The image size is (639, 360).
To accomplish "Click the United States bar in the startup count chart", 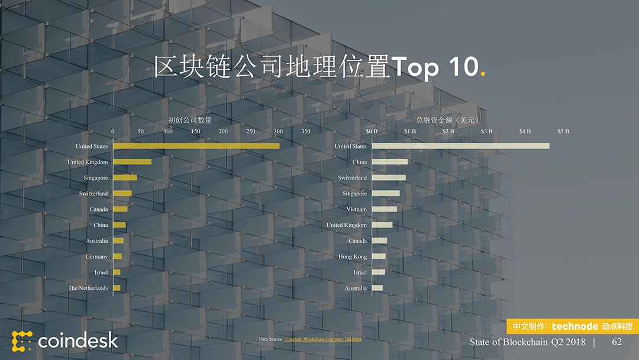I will [x=196, y=146].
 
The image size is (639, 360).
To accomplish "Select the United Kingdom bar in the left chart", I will [x=132, y=162].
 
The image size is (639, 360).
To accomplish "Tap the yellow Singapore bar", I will [x=125, y=178].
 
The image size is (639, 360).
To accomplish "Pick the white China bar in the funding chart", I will [x=389, y=162].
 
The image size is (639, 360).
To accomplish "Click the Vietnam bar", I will [x=385, y=209].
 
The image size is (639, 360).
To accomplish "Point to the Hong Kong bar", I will [x=379, y=256].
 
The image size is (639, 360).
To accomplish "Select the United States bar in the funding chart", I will [x=460, y=146].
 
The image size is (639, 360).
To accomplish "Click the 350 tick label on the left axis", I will [x=305, y=131].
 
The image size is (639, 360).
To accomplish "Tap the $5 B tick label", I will [x=563, y=131].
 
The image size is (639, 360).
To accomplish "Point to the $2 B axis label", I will [x=448, y=131].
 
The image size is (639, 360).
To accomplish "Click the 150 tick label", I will [x=195, y=131].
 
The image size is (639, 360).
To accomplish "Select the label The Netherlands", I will [x=88, y=288].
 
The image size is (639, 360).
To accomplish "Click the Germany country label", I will [x=96, y=256].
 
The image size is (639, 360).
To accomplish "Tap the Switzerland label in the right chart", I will [x=352, y=178].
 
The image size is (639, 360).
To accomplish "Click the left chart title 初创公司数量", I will [x=190, y=120].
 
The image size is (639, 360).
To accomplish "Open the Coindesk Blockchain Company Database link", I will [x=323, y=339].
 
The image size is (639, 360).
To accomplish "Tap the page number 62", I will [x=617, y=342].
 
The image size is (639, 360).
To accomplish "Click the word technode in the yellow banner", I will [x=575, y=326].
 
